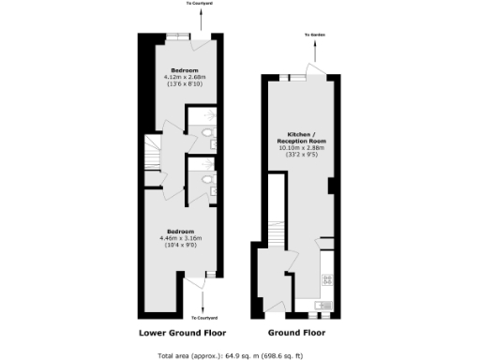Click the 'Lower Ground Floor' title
tap(182, 332)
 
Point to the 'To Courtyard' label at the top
tap(200, 4)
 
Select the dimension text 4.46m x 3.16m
tap(181, 237)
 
